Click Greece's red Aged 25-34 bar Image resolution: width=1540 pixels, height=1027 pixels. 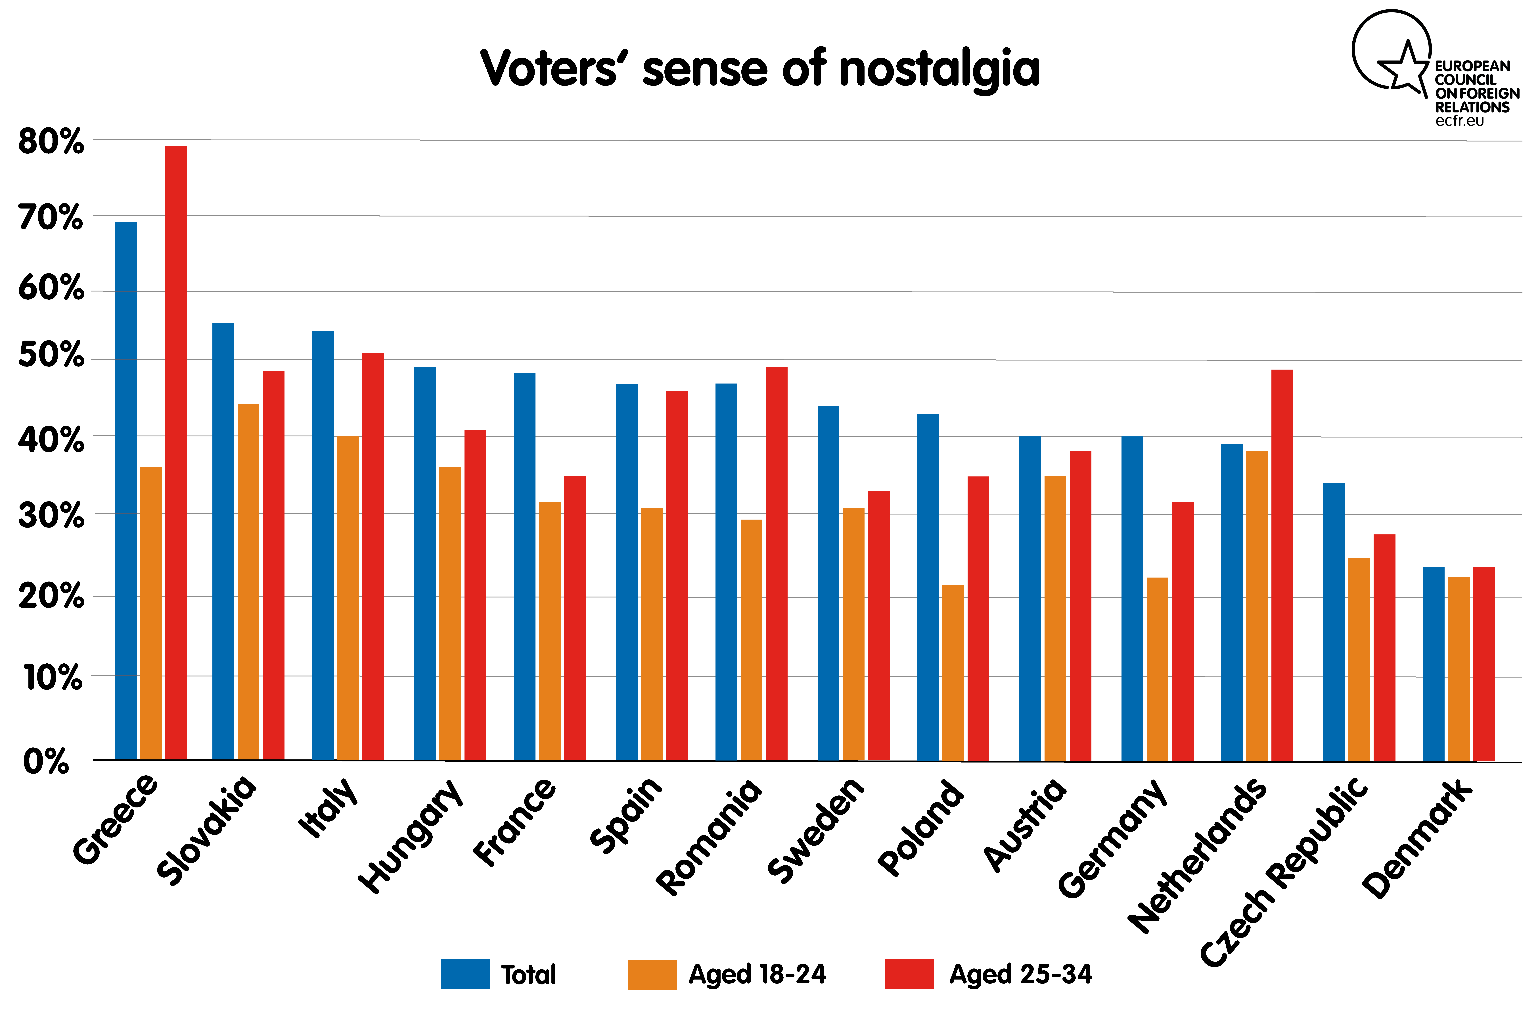(x=176, y=453)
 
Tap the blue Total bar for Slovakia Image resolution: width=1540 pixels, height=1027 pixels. (x=223, y=542)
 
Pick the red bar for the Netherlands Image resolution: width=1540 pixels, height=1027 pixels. (x=1282, y=565)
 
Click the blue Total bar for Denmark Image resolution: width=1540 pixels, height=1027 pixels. (x=1434, y=664)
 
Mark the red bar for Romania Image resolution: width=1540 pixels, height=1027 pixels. (x=777, y=564)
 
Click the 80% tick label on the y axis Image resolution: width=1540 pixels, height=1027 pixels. (x=51, y=141)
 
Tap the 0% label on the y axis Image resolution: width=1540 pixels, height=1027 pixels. (x=46, y=762)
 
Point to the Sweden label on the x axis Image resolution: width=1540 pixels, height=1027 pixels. (x=815, y=830)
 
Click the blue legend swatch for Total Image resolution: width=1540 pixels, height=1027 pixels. (x=466, y=974)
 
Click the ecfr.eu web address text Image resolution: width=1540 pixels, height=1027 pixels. (x=1459, y=121)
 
